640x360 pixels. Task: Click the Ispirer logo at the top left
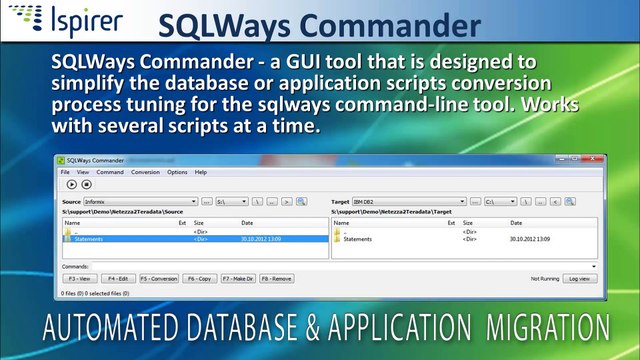[x=63, y=21]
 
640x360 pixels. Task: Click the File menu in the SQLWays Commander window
[x=66, y=172]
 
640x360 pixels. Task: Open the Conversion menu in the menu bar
[x=145, y=172]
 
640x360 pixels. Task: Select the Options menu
[x=177, y=172]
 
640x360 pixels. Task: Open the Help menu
[x=201, y=172]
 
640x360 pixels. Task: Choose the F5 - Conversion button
[x=158, y=279]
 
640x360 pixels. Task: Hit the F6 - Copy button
[x=200, y=279]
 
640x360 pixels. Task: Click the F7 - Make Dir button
[x=239, y=279]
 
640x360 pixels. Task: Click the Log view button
[x=579, y=279]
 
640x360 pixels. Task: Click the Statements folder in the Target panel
[x=357, y=240]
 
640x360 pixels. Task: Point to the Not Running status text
[x=544, y=279]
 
